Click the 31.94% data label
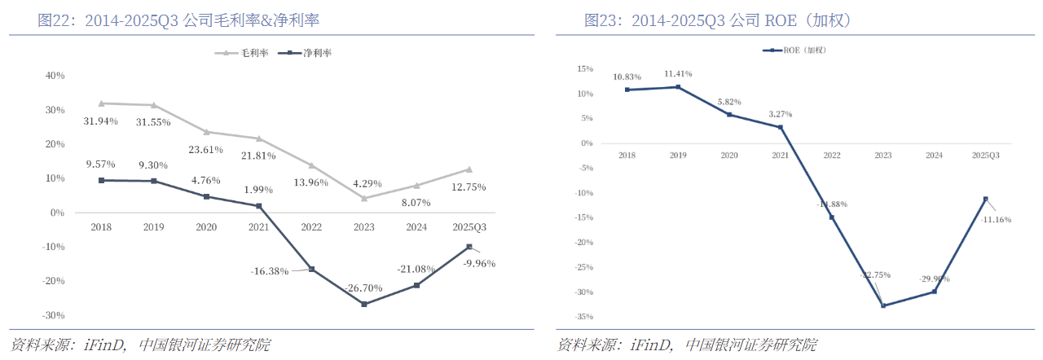pos(101,121)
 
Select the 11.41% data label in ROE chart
pos(678,72)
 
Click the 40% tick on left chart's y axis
pos(55,76)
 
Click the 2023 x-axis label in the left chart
pos(363,227)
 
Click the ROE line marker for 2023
pos(883,305)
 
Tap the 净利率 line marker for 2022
pos(311,269)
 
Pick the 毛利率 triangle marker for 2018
pos(101,103)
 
